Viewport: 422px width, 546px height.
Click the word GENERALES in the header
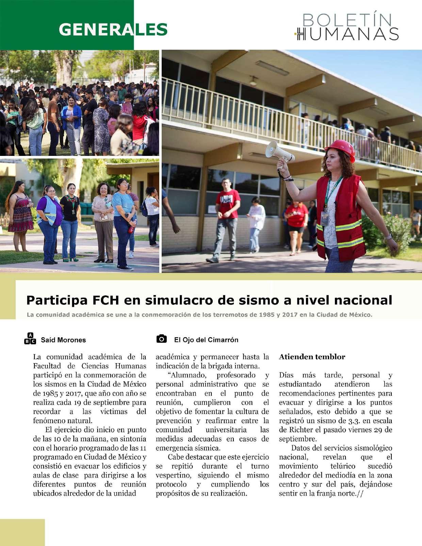(x=113, y=30)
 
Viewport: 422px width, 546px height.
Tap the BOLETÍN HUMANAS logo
(x=346, y=27)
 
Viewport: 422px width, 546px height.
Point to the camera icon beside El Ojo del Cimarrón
(x=162, y=339)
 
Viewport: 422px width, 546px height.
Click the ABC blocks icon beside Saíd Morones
(x=30, y=338)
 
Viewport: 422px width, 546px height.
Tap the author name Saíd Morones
(x=63, y=340)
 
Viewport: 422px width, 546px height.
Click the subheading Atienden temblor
(x=312, y=357)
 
